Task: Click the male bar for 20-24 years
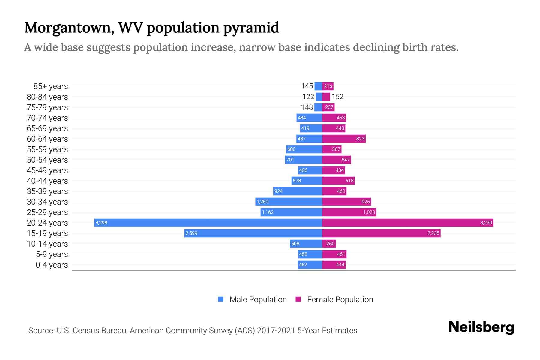point(208,223)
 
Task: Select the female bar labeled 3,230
point(407,223)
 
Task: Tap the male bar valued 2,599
point(253,233)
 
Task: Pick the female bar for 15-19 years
point(381,233)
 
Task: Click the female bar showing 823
point(343,139)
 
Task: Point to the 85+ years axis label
point(50,86)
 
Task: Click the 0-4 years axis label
point(52,265)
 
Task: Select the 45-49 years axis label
point(47,170)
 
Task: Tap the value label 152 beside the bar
point(337,97)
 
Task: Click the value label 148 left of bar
point(307,107)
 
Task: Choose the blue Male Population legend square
point(221,299)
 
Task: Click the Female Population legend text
point(340,300)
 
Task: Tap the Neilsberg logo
point(481,327)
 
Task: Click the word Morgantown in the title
point(69,28)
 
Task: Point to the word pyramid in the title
point(251,28)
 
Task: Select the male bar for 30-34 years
point(289,202)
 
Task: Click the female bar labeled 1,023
point(349,212)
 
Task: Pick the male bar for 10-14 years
point(306,244)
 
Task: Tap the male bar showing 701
point(303,160)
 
